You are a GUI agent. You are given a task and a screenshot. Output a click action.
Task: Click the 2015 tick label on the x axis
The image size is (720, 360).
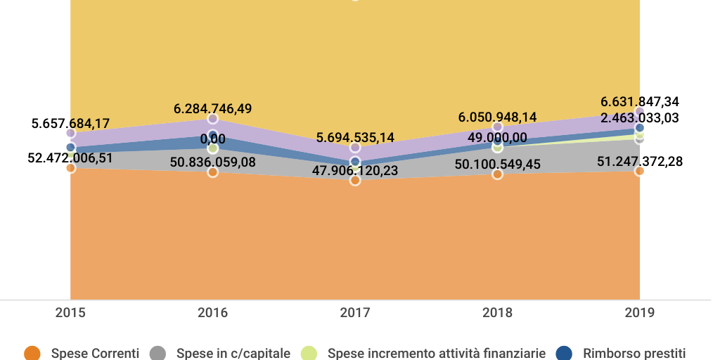[70, 313]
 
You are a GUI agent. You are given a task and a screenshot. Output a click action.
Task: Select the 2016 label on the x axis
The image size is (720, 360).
[212, 313]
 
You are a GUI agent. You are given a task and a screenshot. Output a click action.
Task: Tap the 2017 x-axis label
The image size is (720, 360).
[355, 313]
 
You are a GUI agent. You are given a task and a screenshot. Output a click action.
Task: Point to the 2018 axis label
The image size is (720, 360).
[497, 313]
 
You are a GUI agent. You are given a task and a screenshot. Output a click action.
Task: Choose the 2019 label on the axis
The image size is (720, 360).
[639, 313]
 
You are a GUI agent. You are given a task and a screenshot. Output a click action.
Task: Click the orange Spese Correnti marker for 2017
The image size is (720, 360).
[355, 181]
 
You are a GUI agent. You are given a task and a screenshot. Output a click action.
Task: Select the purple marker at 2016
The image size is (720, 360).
[212, 119]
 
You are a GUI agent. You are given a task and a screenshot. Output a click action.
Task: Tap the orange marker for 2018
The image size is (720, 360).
[497, 174]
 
